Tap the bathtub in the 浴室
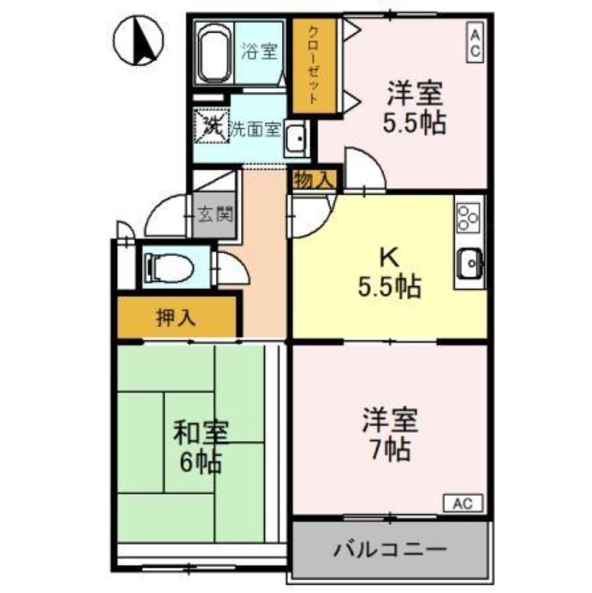(215, 53)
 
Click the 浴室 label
(259, 52)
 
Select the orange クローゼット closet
(314, 66)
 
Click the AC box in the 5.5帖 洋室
(474, 42)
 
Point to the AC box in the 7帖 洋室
(463, 503)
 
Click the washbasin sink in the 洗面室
(298, 139)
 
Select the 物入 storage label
(315, 179)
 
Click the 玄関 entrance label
(214, 216)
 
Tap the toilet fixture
(171, 265)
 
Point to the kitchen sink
(470, 261)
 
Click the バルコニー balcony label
(390, 550)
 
